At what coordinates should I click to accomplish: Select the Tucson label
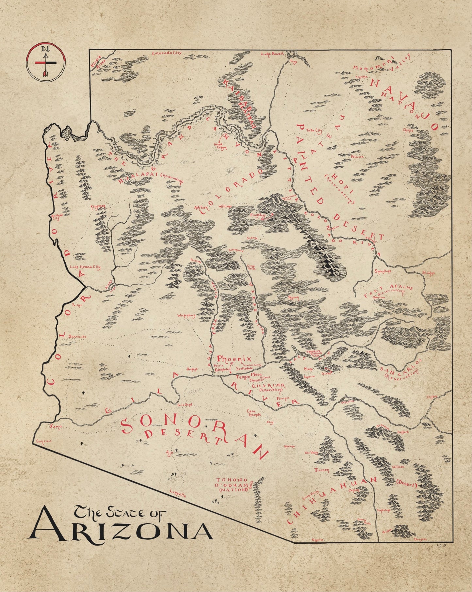click(322, 470)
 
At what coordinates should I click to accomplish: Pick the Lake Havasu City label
click(85, 267)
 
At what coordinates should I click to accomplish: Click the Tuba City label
click(314, 130)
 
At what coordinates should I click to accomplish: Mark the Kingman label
click(98, 206)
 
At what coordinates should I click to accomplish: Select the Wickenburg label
click(186, 316)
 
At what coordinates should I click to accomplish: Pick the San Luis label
click(44, 441)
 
